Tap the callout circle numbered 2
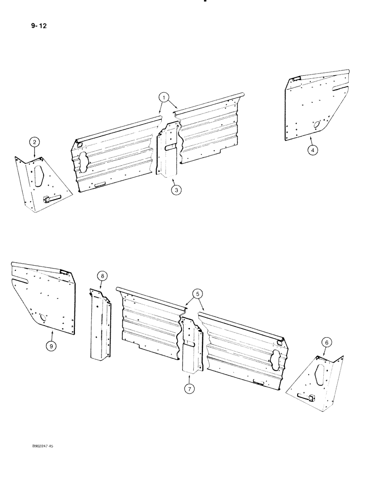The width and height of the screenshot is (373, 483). pyautogui.click(x=34, y=142)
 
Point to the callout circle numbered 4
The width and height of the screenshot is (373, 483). pyautogui.click(x=313, y=150)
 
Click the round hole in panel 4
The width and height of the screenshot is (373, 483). pyautogui.click(x=317, y=125)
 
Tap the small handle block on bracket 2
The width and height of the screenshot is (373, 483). pyautogui.click(x=48, y=198)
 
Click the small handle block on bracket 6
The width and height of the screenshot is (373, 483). pyautogui.click(x=310, y=397)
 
